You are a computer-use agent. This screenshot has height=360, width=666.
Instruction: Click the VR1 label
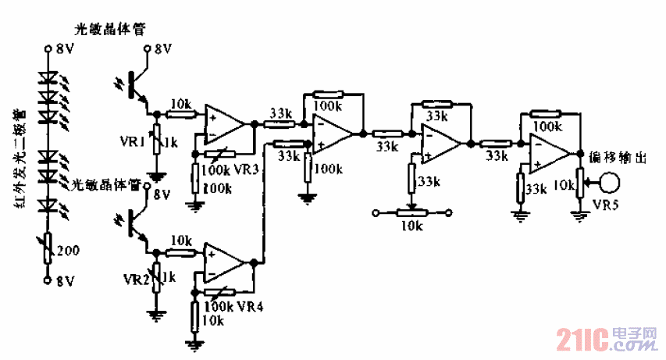coord(130,144)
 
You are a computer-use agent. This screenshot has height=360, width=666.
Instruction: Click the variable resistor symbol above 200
coord(48,249)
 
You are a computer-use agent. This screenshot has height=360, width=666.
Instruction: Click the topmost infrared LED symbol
coord(49,79)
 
